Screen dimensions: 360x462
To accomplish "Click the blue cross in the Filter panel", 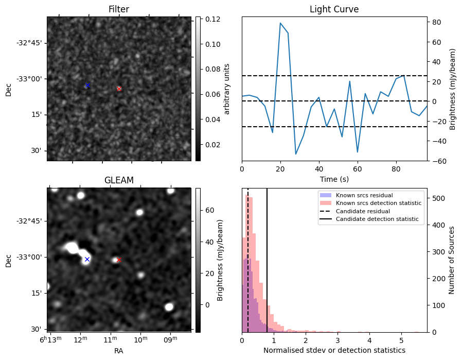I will pyautogui.click(x=87, y=85).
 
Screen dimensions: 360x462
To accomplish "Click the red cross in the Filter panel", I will pyautogui.click(x=119, y=89).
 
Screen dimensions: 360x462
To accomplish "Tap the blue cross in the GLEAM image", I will pyautogui.click(x=87, y=259).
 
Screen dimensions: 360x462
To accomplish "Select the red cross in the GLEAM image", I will pyautogui.click(x=119, y=260).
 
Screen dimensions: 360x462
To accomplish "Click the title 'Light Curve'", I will pyautogui.click(x=334, y=9).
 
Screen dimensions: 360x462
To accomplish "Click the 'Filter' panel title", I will pyautogui.click(x=118, y=9).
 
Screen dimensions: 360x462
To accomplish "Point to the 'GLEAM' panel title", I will pyautogui.click(x=119, y=180).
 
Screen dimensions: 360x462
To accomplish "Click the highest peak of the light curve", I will pyautogui.click(x=280, y=23).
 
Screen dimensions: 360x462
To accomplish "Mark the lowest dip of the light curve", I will pyautogui.click(x=296, y=154).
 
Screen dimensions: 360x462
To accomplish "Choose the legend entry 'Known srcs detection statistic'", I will pyautogui.click(x=378, y=203).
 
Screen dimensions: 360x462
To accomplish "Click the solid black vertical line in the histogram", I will pyautogui.click(x=267, y=258).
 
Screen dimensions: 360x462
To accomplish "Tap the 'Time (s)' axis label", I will pyautogui.click(x=334, y=179).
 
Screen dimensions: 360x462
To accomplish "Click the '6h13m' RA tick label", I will pyautogui.click(x=51, y=340).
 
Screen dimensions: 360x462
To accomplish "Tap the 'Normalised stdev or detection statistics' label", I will pyautogui.click(x=334, y=350).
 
